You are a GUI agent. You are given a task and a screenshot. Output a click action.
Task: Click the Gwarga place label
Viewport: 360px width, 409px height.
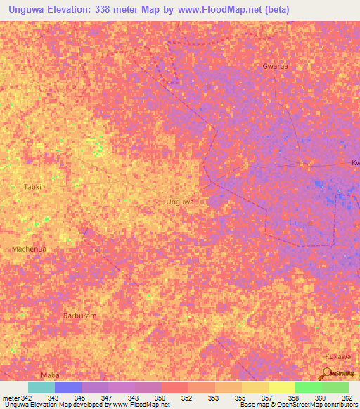[x=275, y=66]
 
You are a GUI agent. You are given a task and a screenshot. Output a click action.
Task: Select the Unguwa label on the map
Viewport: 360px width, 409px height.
[x=179, y=202]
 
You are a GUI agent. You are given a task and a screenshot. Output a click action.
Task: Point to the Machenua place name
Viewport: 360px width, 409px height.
[x=29, y=249]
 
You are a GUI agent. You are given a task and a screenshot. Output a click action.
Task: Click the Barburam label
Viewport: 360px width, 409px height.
[x=79, y=316]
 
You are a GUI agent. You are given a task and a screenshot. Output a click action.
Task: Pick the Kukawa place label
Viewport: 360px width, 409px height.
[x=338, y=356]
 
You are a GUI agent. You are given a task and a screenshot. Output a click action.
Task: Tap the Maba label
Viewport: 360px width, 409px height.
[x=49, y=375]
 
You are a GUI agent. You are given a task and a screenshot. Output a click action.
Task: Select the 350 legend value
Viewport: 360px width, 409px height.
[x=160, y=398]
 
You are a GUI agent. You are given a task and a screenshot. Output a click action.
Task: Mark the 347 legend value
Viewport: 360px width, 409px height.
[x=107, y=398]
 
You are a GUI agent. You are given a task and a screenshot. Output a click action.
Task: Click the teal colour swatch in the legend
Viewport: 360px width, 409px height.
[x=41, y=387]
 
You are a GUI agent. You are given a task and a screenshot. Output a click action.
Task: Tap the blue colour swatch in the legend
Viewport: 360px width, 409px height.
[x=68, y=387]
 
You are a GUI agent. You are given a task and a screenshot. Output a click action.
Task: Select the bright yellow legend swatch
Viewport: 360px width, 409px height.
[x=282, y=387]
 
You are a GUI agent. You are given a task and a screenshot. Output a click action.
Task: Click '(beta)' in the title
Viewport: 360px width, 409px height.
[x=274, y=10]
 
